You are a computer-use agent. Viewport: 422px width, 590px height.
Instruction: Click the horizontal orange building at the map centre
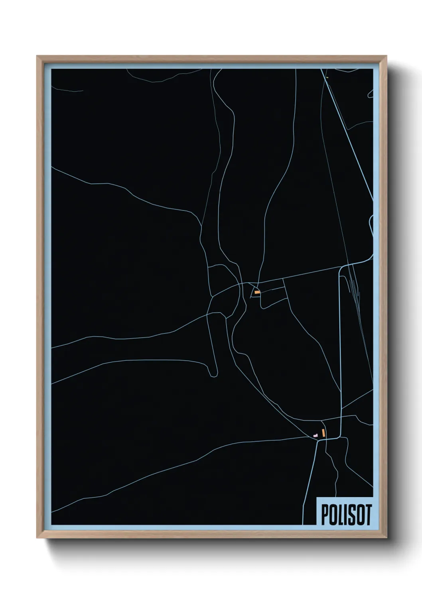(x=258, y=292)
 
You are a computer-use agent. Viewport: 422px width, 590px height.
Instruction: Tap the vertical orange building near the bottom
(x=323, y=433)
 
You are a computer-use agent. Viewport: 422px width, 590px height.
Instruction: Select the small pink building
(x=316, y=435)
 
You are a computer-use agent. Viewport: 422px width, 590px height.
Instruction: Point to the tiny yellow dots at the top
(x=327, y=77)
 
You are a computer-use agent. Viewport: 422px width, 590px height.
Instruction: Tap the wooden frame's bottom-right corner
(x=386, y=538)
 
